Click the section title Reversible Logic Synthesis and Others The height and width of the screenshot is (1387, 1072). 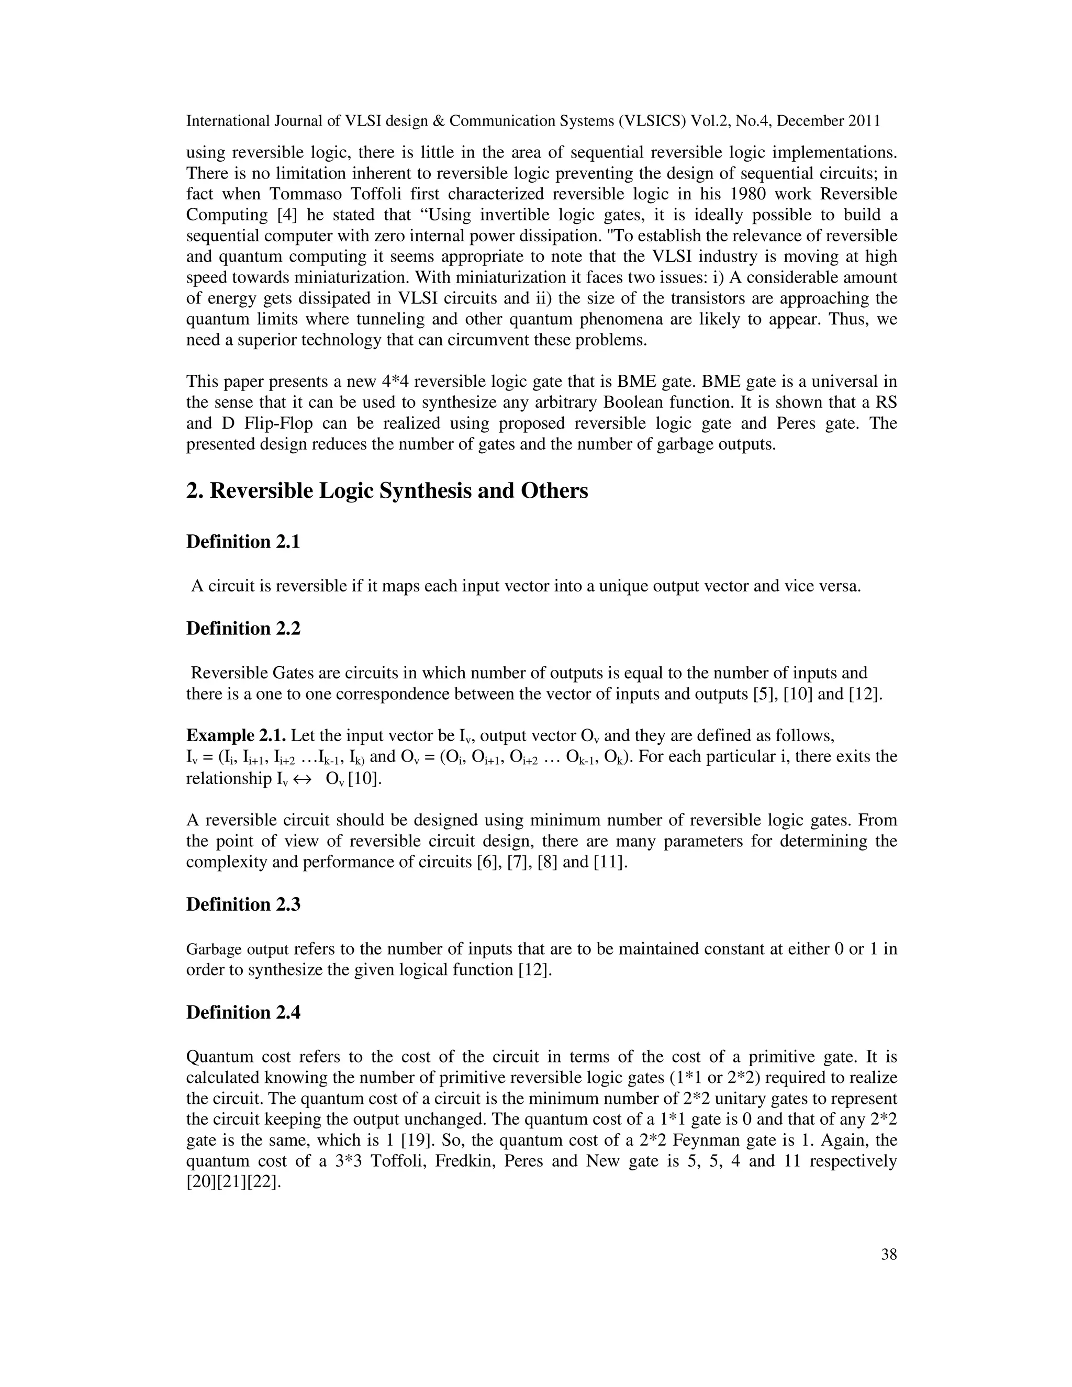click(387, 491)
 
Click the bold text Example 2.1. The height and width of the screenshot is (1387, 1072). click(236, 735)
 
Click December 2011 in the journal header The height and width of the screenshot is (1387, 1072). click(828, 121)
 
